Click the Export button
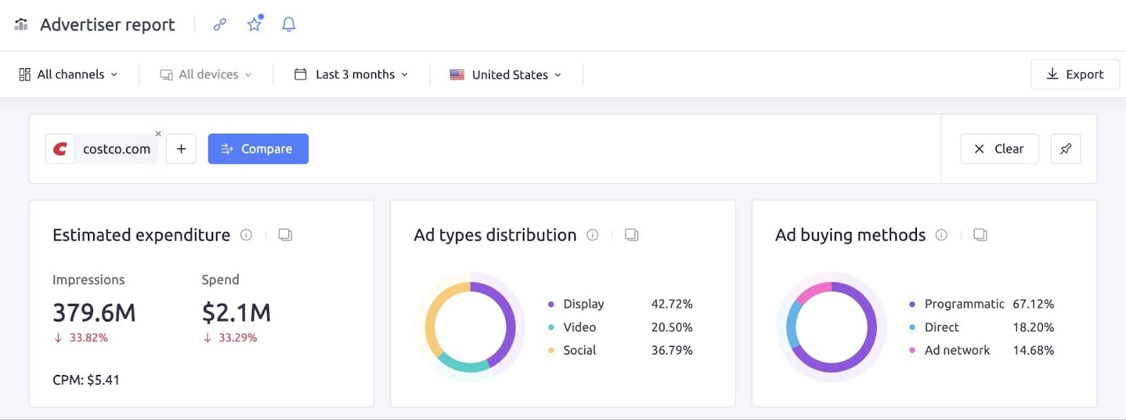(1075, 75)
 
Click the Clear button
(999, 149)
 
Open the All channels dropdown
(68, 75)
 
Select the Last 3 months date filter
(351, 75)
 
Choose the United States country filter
(506, 75)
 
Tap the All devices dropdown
(205, 75)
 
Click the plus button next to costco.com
(181, 149)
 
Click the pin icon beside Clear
(1065, 149)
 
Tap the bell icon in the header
(289, 25)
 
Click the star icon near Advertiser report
(254, 25)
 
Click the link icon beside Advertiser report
(220, 25)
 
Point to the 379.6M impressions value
(94, 312)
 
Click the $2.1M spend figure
(236, 312)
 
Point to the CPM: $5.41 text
(86, 380)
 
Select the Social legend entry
(579, 350)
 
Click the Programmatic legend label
(964, 304)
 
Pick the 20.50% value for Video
(671, 327)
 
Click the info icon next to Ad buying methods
(941, 235)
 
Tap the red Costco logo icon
(61, 149)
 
